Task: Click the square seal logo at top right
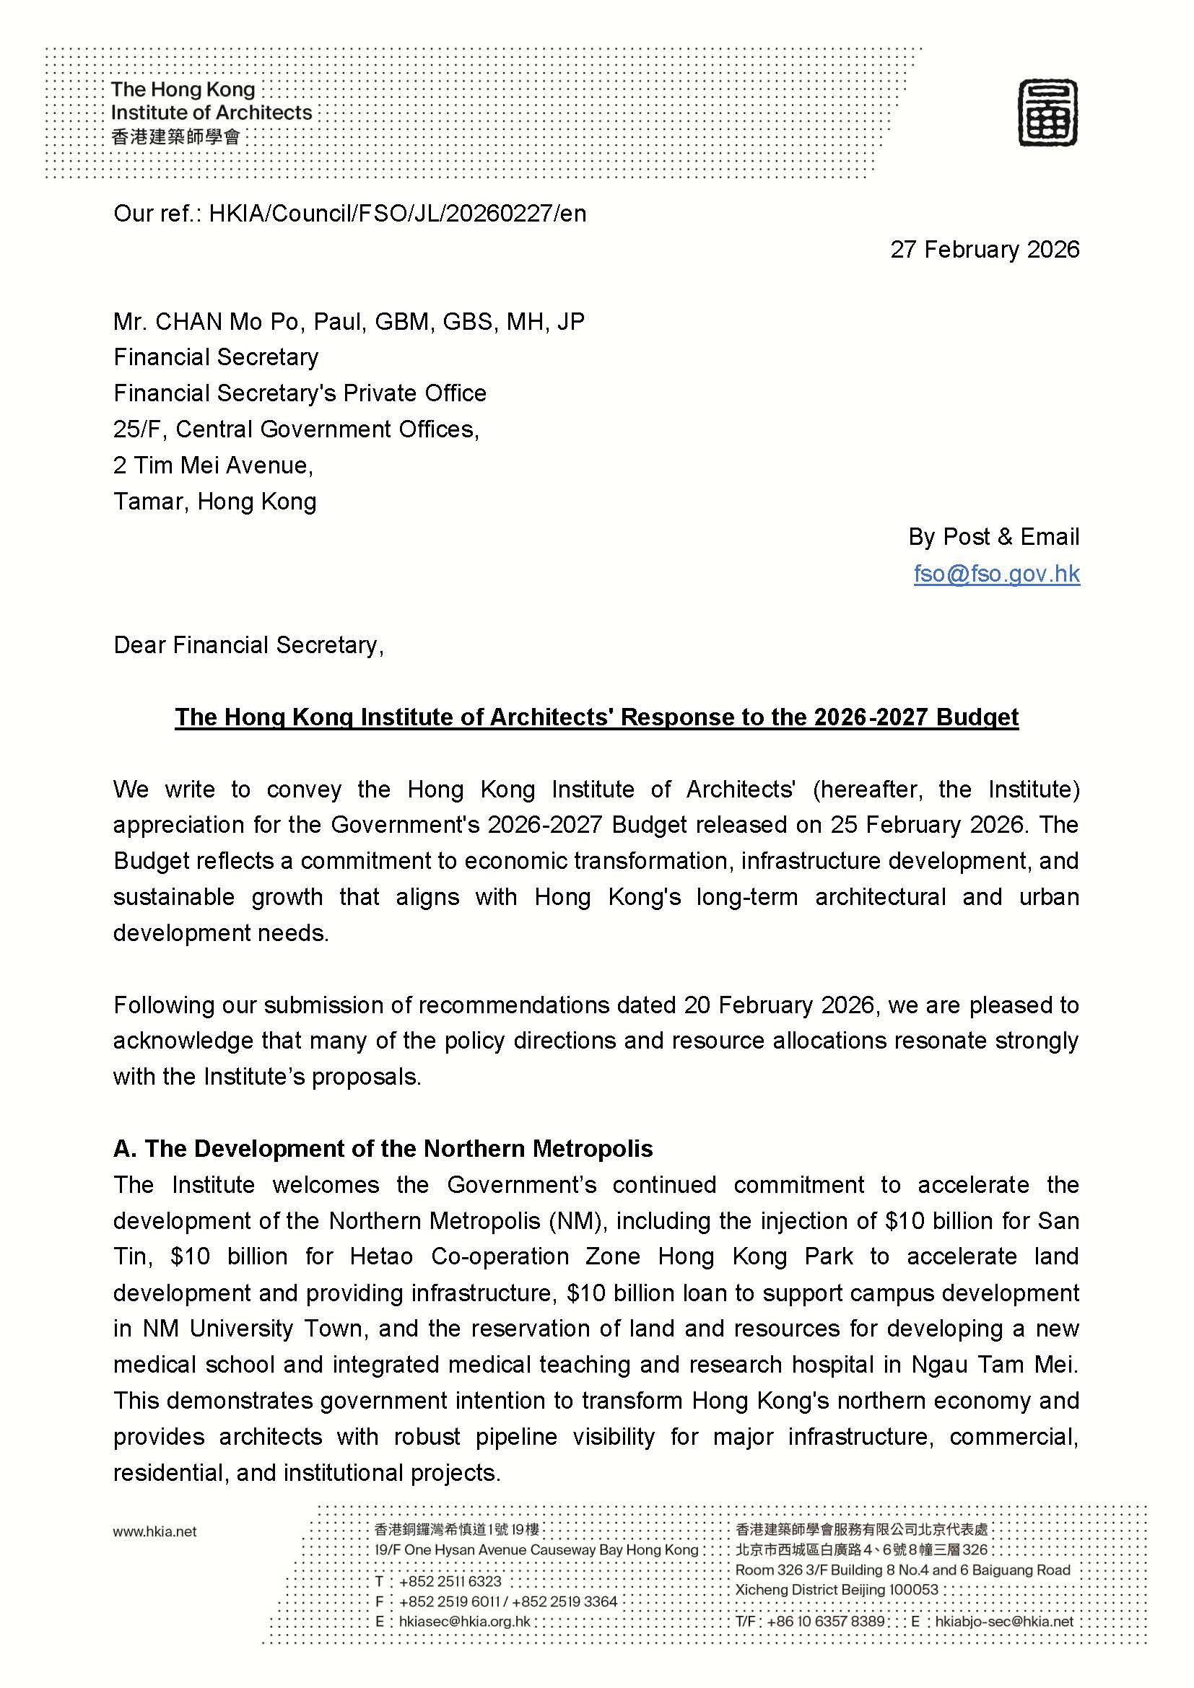pyautogui.click(x=1047, y=113)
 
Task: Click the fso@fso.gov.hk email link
pyautogui.click(x=996, y=573)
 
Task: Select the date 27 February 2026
pyautogui.click(x=985, y=249)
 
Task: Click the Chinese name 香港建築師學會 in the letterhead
pyautogui.click(x=175, y=136)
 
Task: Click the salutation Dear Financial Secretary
pyautogui.click(x=248, y=644)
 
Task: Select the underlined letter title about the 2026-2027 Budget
pyautogui.click(x=596, y=717)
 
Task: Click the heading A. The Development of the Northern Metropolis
pyautogui.click(x=383, y=1148)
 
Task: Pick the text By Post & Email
pyautogui.click(x=993, y=537)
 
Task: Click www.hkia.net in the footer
pyautogui.click(x=154, y=1531)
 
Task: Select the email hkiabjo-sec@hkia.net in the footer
pyautogui.click(x=1004, y=1621)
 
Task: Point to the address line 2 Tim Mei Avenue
pyautogui.click(x=213, y=465)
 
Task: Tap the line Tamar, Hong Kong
pyautogui.click(x=214, y=501)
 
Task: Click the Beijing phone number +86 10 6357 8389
pyautogui.click(x=826, y=1621)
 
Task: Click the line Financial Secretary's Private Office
pyautogui.click(x=300, y=393)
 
